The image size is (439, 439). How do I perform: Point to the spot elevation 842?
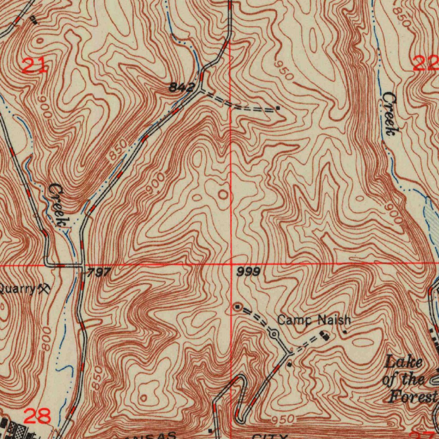pos(181,87)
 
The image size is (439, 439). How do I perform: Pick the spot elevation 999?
pos(248,272)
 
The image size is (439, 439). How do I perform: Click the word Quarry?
pos(17,289)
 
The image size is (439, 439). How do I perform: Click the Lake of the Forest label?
pos(409,379)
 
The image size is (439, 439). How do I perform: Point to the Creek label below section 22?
pos(390,114)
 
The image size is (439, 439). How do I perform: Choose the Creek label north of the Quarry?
pos(58,204)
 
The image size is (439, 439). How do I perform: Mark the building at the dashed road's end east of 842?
pos(278,108)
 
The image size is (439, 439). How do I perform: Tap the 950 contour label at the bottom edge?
pos(283,418)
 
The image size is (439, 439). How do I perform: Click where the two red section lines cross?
pos(231,265)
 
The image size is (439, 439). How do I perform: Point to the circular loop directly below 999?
pos(237,307)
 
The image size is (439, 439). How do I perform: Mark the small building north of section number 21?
pos(33,19)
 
